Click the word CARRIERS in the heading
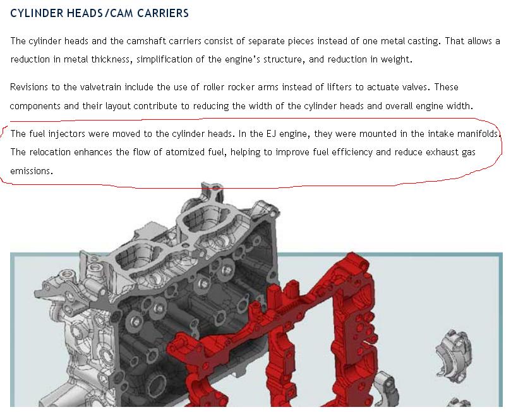pyautogui.click(x=162, y=13)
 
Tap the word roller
pyautogui.click(x=213, y=87)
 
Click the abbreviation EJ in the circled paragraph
pyautogui.click(x=271, y=134)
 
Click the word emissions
pyautogui.click(x=32, y=171)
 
